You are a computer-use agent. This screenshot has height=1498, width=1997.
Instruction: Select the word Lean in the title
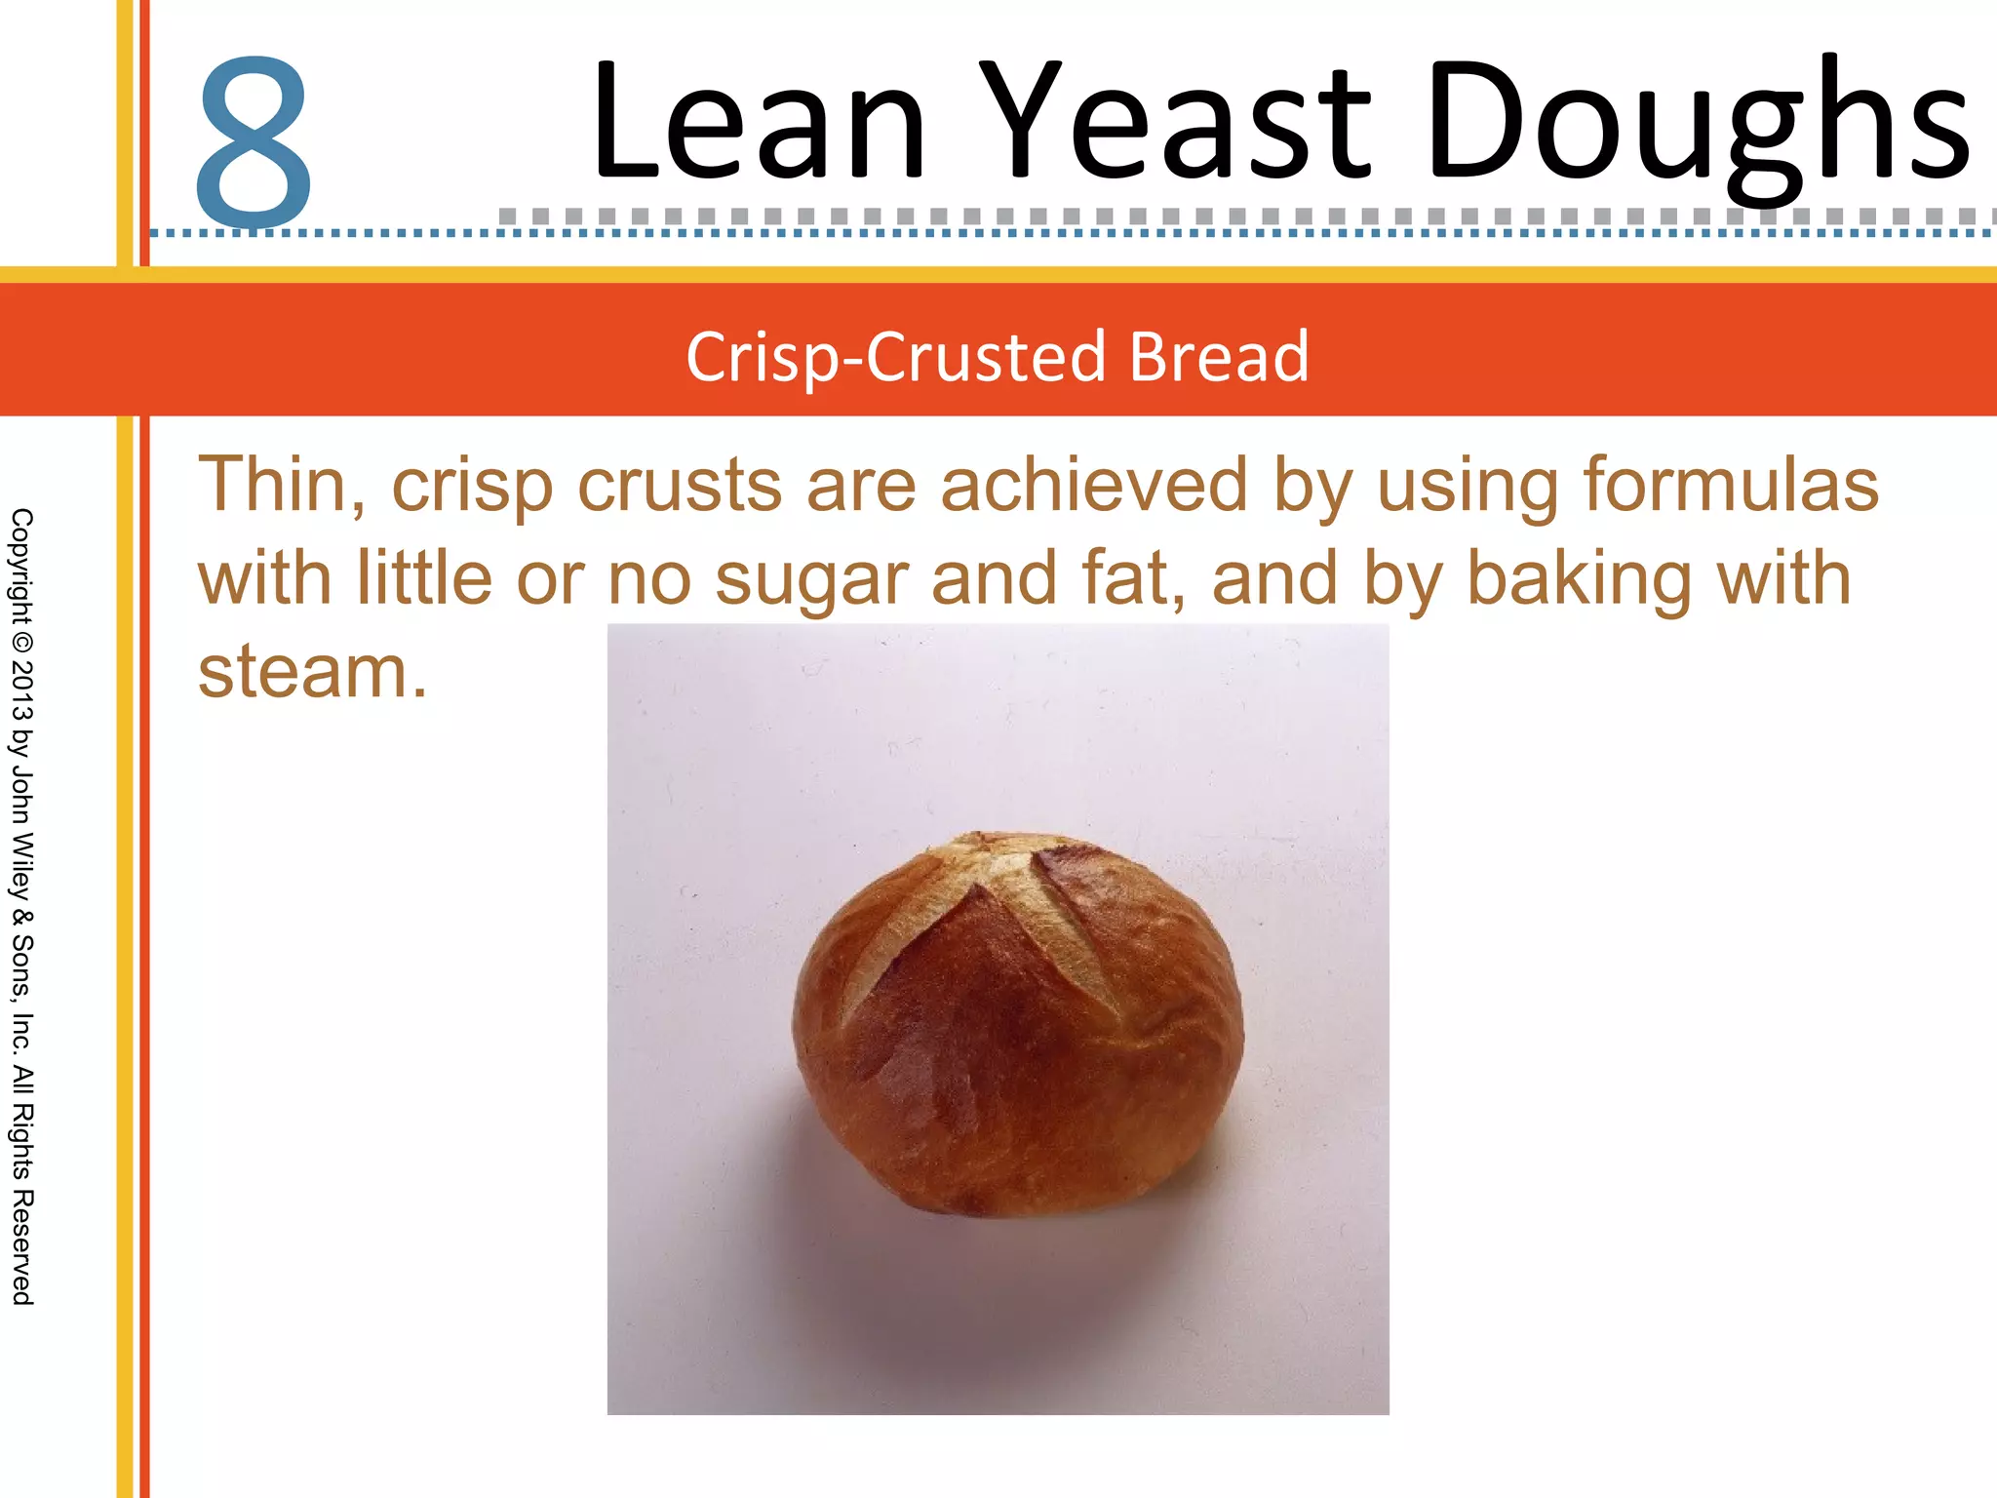[759, 122]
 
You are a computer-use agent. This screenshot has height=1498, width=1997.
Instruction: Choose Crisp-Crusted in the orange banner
[895, 358]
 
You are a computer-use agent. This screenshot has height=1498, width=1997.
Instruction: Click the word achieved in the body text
[1093, 485]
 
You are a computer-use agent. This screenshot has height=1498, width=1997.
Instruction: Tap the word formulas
[1730, 485]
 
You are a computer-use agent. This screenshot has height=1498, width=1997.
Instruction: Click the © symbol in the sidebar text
[21, 643]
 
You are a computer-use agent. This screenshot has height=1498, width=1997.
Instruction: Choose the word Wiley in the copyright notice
[21, 866]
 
